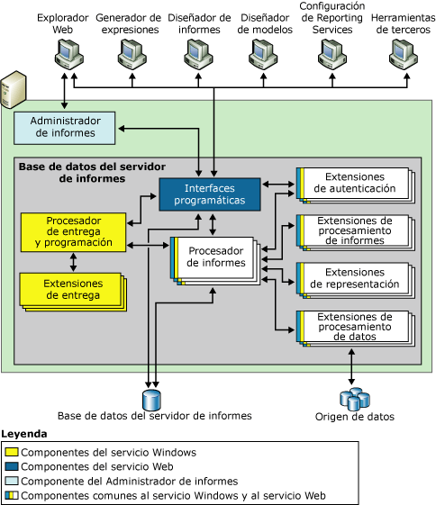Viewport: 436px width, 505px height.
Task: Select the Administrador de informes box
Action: tap(64, 128)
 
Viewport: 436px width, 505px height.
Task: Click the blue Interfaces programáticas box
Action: tap(209, 194)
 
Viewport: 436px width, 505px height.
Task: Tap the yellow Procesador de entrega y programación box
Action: tap(73, 230)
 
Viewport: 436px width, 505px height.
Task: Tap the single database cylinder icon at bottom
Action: tap(150, 398)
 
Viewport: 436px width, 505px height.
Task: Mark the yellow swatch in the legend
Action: tap(12, 452)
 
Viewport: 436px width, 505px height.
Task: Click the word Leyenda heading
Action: tap(25, 434)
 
